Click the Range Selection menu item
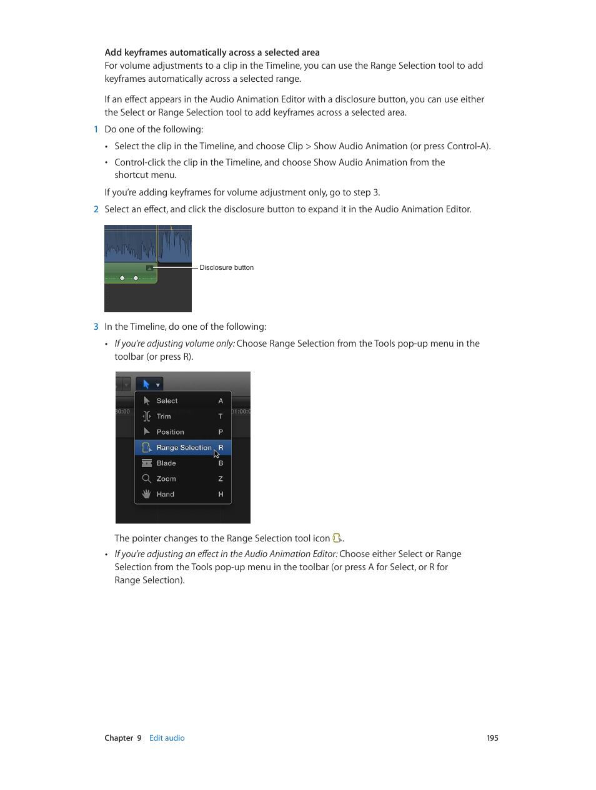tap(184, 448)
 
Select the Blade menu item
tap(166, 463)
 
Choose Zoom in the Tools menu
tap(166, 479)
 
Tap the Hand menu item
tap(166, 495)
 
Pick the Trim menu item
tap(164, 417)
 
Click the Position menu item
tap(170, 432)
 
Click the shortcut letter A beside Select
tap(221, 401)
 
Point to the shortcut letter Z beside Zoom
tap(221, 479)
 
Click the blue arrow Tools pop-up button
tap(149, 385)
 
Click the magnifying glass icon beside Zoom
tap(146, 479)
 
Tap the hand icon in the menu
tap(146, 495)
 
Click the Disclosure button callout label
tap(226, 268)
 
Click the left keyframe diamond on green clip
tap(122, 278)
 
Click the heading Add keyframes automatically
tap(212, 52)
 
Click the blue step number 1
tap(96, 129)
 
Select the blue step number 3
tap(96, 327)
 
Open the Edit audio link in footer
tap(167, 738)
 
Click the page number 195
tap(492, 738)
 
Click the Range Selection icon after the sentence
tap(337, 538)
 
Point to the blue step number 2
tap(96, 209)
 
